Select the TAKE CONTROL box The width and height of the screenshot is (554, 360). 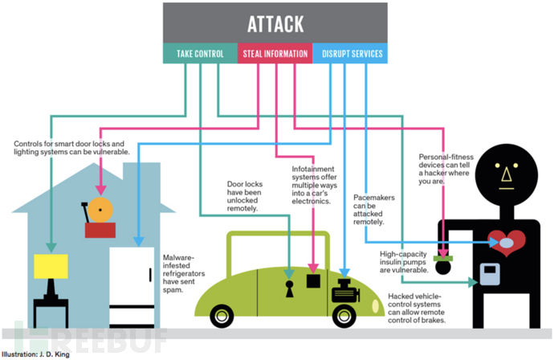(x=200, y=55)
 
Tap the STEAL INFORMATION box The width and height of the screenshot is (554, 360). (x=275, y=55)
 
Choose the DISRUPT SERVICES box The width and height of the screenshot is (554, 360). (x=351, y=55)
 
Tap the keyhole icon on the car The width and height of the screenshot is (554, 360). (x=287, y=288)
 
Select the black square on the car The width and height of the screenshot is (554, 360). (x=314, y=282)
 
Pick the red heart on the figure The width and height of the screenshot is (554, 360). (x=507, y=241)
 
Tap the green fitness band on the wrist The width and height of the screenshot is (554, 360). (x=442, y=257)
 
